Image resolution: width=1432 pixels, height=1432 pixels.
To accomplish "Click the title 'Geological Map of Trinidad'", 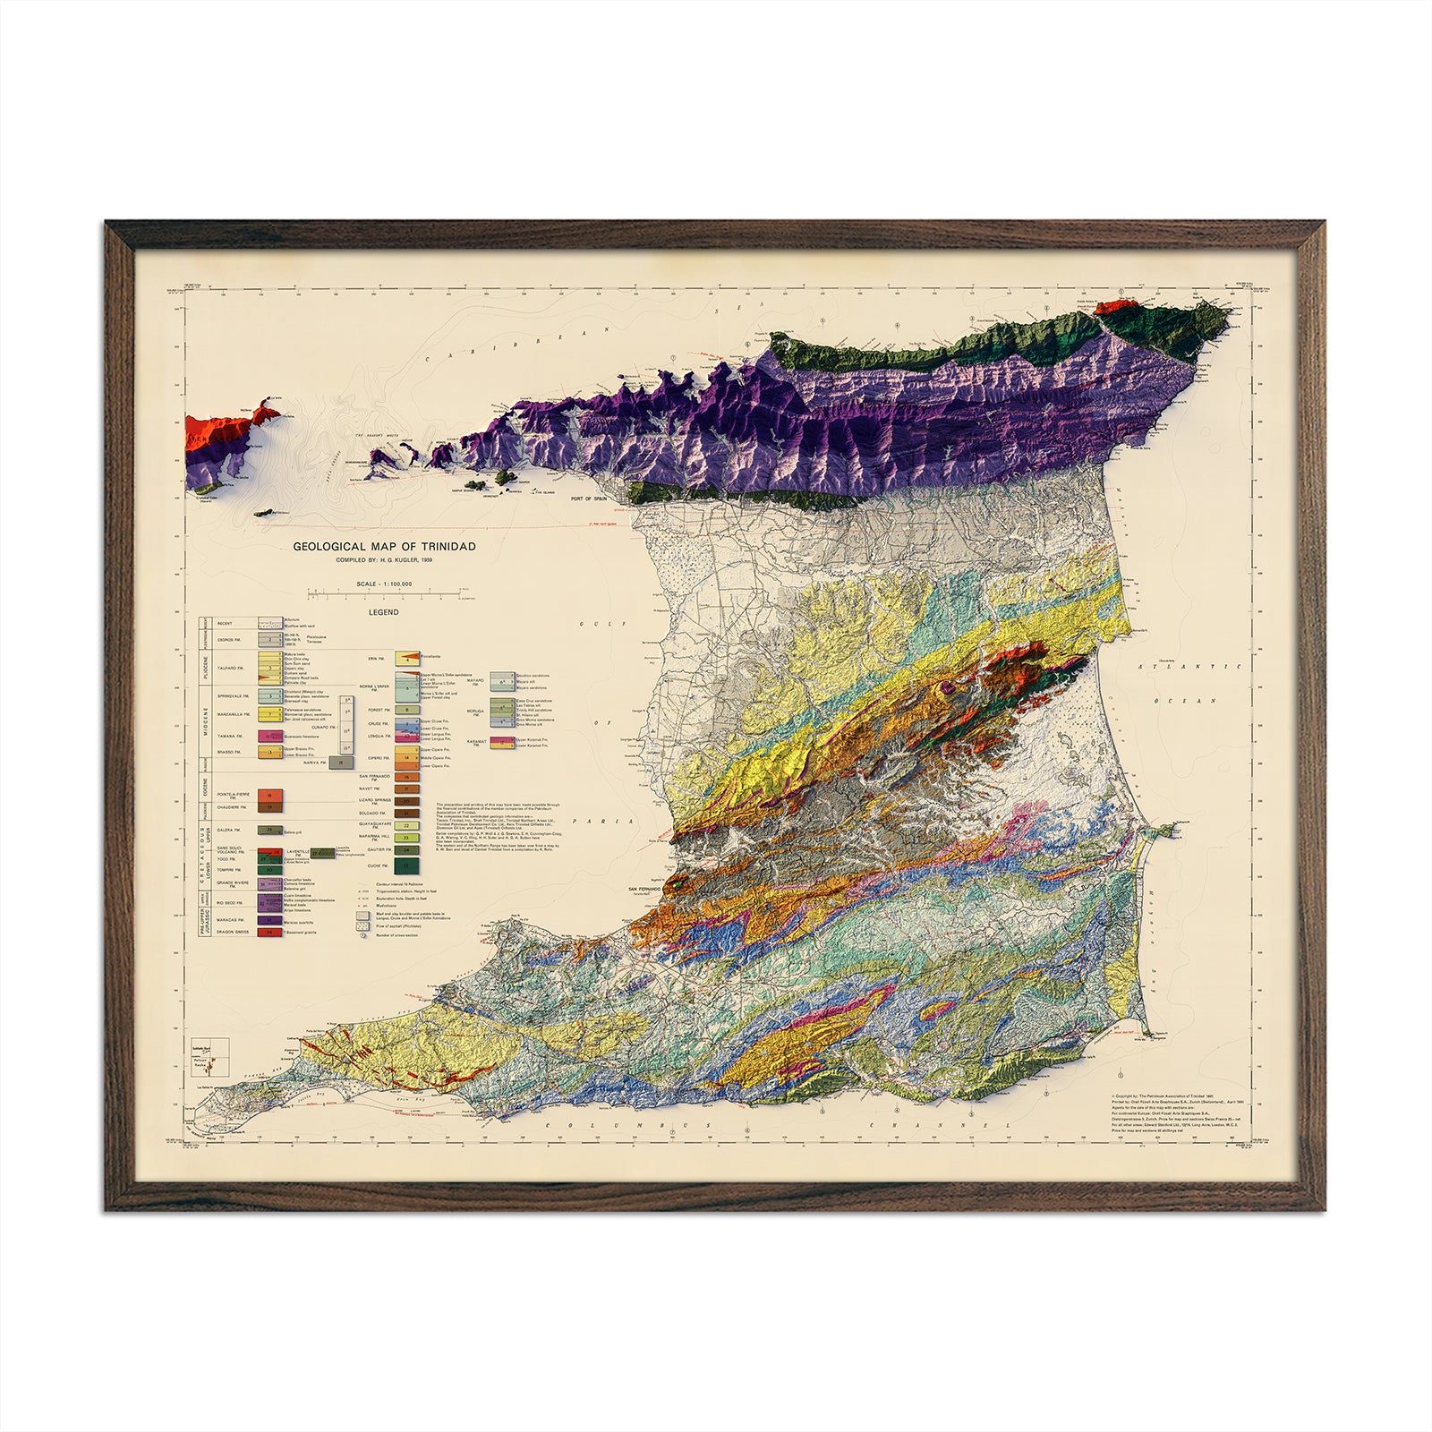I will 384,546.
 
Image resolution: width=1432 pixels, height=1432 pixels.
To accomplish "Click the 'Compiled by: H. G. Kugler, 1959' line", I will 384,560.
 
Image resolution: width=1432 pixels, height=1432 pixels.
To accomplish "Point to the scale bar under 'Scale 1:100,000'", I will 384,592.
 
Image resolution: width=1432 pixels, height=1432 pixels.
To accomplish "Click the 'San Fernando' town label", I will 644,889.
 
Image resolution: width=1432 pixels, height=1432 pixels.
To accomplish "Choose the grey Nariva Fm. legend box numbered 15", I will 339,763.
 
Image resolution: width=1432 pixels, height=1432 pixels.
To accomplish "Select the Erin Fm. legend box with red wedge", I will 407,659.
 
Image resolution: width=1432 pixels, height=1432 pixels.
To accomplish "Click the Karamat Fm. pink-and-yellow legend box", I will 502,741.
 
